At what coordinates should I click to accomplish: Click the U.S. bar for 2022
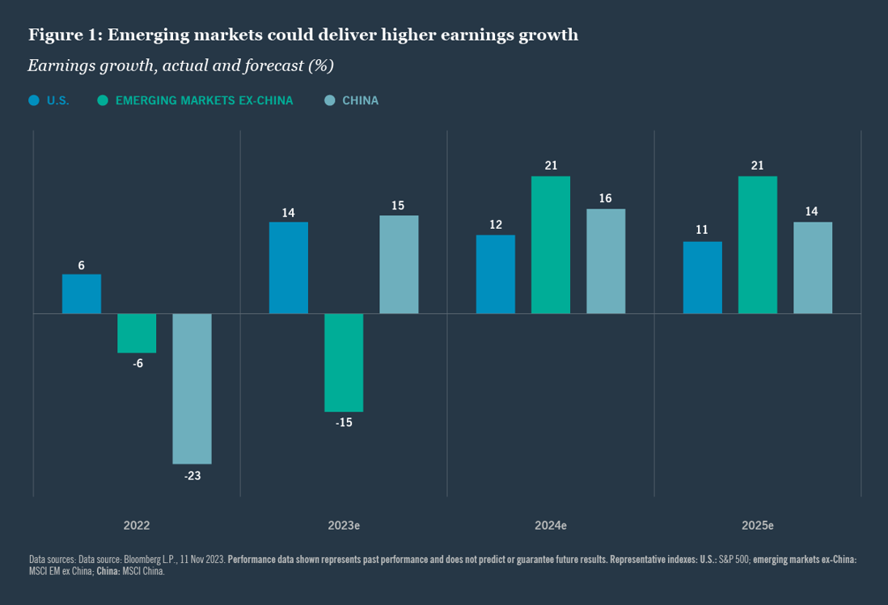82,294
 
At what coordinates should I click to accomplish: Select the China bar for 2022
192,388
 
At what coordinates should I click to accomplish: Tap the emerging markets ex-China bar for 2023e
344,362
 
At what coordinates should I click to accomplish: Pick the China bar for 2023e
399,264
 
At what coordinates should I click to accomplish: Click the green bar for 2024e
551,245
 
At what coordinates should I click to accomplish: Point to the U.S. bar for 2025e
703,277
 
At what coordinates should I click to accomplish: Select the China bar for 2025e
813,268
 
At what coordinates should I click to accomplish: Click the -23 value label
192,476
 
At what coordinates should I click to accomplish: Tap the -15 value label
344,423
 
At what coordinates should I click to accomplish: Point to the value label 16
606,197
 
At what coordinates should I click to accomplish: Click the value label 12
496,224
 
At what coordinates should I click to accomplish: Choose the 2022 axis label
137,525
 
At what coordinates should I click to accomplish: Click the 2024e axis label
551,525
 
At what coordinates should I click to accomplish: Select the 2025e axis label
758,525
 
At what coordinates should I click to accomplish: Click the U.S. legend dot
34,101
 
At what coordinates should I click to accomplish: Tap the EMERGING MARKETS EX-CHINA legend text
204,101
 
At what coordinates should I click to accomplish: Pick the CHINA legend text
360,101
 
